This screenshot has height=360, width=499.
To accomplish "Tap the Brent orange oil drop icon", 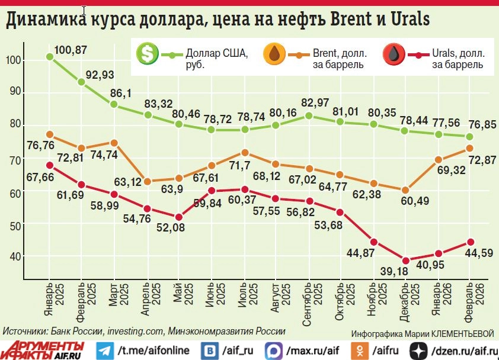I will (x=274, y=54).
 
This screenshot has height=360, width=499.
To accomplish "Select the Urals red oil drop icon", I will (x=394, y=54).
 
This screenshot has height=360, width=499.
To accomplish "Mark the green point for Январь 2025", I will (x=50, y=57).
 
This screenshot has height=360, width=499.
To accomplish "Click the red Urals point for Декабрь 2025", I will (x=406, y=261).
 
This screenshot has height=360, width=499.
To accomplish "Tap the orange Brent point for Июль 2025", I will (x=245, y=152).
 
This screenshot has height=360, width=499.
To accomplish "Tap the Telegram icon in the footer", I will (x=105, y=350).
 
